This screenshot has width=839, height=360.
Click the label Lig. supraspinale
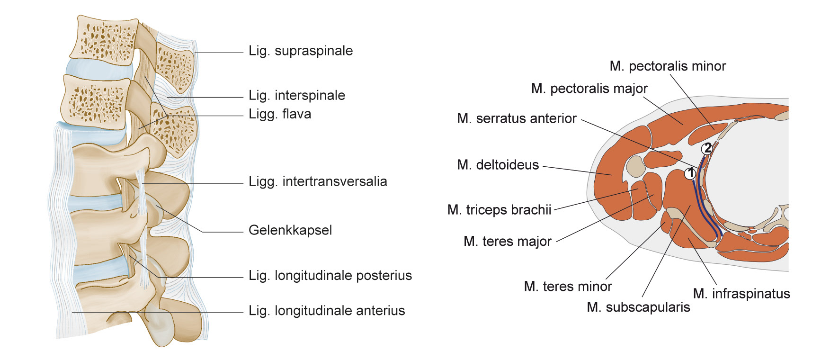[301, 51]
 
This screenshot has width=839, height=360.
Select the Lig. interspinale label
[297, 95]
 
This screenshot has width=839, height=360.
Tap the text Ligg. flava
[280, 114]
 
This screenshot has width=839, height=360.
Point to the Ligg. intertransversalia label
[318, 181]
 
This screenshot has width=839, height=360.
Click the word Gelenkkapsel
[290, 230]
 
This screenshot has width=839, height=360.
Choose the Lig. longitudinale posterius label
[330, 275]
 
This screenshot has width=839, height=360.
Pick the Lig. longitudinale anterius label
[327, 311]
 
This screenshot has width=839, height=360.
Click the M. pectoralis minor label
[668, 66]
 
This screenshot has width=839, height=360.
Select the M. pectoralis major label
[589, 89]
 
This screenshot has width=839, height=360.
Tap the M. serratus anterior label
[517, 118]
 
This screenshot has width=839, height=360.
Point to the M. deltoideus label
[498, 165]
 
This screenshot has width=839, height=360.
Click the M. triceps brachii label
[500, 210]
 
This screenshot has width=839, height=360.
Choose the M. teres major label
[508, 242]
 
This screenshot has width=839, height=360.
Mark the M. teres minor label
[568, 287]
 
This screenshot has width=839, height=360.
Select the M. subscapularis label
[638, 307]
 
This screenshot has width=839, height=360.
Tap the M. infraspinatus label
[741, 294]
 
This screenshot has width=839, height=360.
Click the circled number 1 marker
[690, 173]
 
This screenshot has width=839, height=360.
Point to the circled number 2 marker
[707, 149]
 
